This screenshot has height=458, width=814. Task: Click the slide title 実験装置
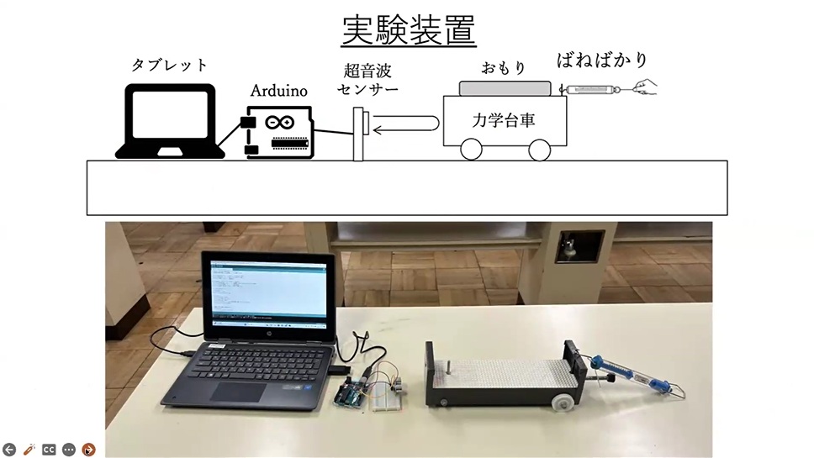click(x=408, y=30)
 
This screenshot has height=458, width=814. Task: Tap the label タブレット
click(x=169, y=65)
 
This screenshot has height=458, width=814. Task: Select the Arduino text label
click(x=279, y=91)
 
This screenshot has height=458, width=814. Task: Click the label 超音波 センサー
click(x=367, y=79)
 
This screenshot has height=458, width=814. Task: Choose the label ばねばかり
click(x=603, y=61)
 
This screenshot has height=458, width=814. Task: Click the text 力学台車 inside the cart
click(x=504, y=120)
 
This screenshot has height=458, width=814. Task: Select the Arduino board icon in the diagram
click(x=279, y=131)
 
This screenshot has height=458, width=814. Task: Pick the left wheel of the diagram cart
click(x=471, y=150)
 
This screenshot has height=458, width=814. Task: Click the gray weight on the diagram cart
click(x=505, y=87)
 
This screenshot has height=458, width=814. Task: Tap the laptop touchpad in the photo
click(x=240, y=391)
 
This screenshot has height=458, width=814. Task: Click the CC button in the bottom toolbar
click(x=49, y=449)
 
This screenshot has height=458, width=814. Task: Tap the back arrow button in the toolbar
click(x=9, y=449)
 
